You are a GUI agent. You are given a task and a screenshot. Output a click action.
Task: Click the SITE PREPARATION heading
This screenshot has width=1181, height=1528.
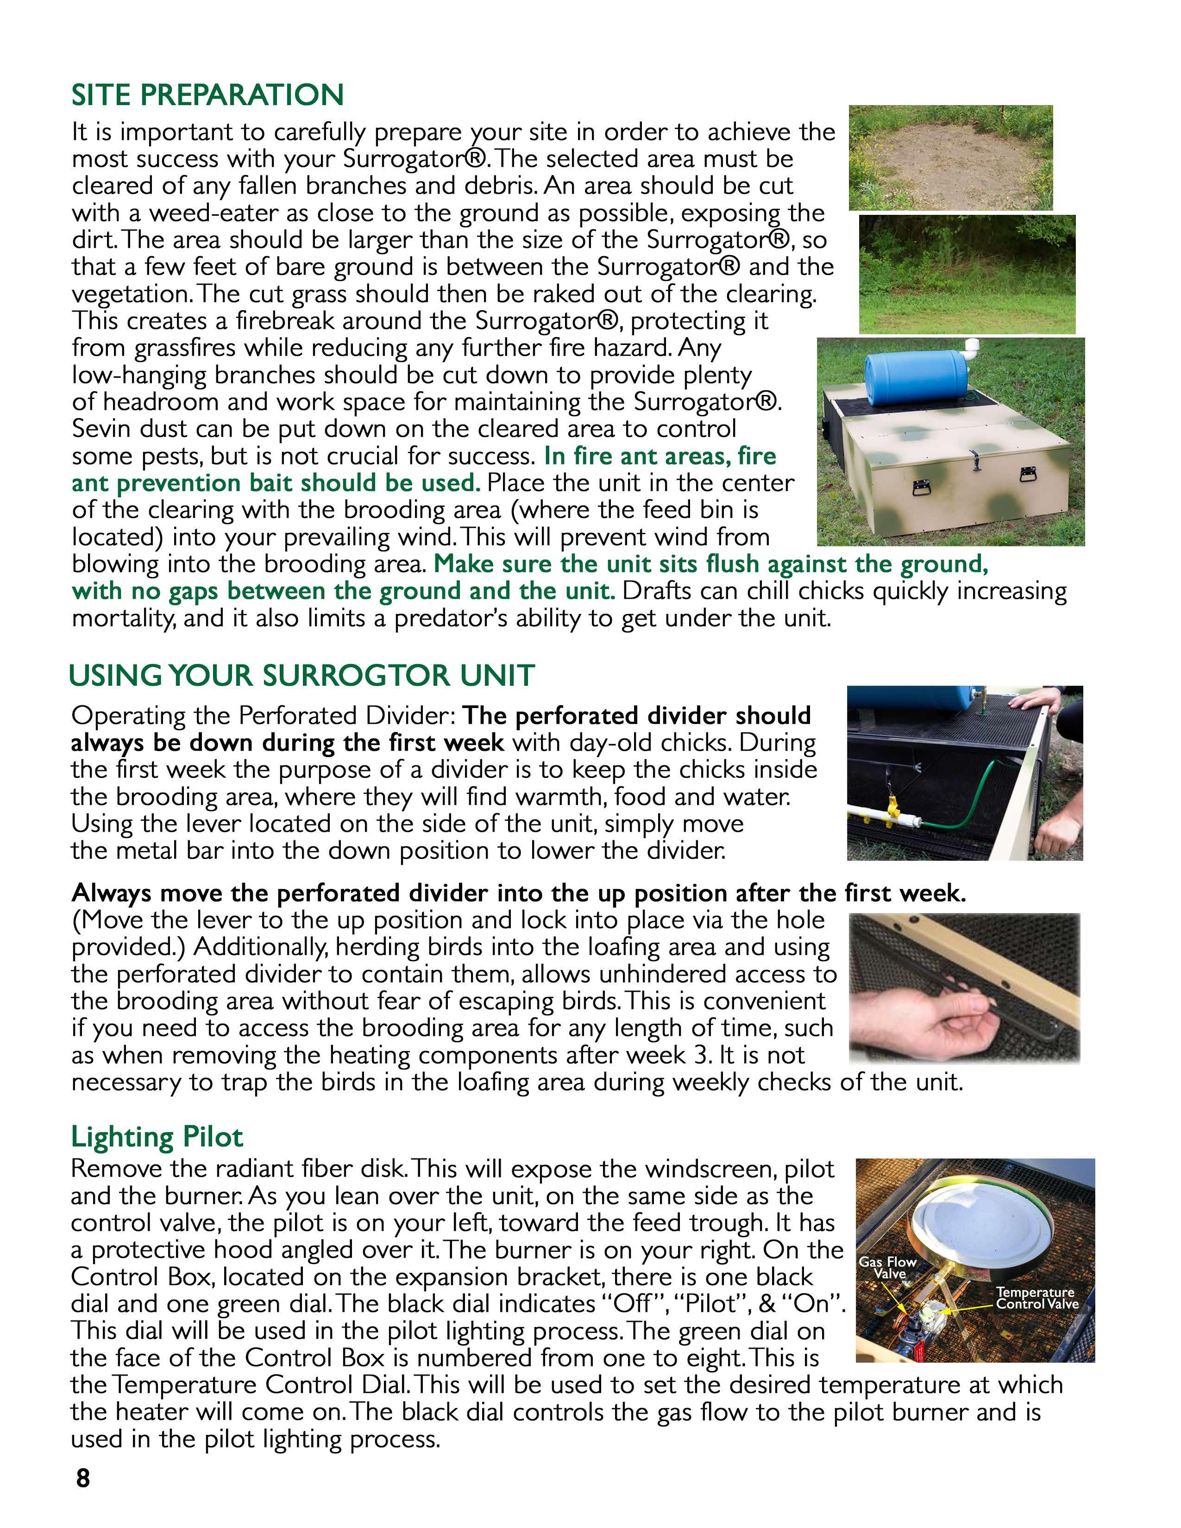click(x=207, y=95)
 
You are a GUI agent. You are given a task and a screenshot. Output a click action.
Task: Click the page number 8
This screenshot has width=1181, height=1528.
click(x=82, y=1478)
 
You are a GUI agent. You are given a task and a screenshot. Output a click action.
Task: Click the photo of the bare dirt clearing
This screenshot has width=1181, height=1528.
click(x=950, y=157)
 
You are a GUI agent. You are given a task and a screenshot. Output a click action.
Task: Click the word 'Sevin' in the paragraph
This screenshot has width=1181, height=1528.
click(x=100, y=429)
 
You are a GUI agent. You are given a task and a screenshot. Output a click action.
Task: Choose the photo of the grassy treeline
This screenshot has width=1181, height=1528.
click(x=967, y=274)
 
